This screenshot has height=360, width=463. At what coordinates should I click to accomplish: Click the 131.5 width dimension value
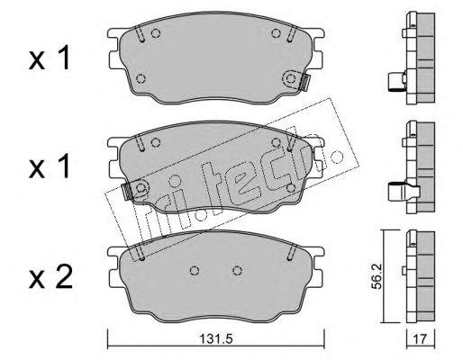(x=216, y=339)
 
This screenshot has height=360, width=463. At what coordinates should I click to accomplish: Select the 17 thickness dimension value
(x=420, y=339)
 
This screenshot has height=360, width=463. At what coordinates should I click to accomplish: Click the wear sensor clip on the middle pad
(x=129, y=191)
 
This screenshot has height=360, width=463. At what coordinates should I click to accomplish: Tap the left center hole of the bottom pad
(x=195, y=271)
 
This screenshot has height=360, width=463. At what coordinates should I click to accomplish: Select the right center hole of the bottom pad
(x=237, y=271)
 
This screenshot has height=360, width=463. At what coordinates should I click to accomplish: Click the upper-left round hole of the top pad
(x=156, y=33)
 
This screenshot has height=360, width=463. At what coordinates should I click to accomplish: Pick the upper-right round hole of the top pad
(x=276, y=33)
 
